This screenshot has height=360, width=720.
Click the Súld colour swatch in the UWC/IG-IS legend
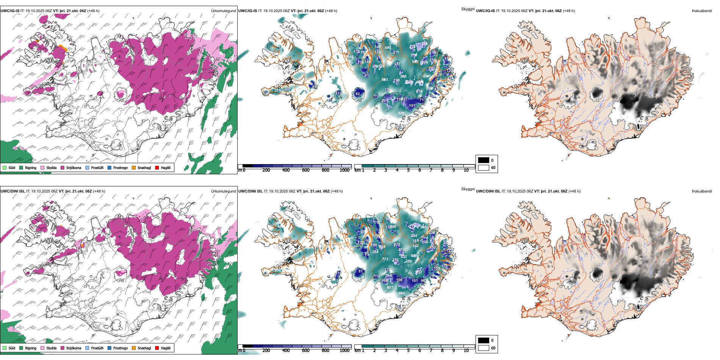click(5, 167)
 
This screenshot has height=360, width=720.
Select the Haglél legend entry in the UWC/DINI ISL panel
click(166, 348)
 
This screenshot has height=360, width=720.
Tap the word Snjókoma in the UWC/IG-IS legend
click(74, 167)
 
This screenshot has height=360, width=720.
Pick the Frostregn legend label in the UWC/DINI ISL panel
click(121, 348)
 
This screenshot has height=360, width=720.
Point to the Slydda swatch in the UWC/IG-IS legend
click(42, 167)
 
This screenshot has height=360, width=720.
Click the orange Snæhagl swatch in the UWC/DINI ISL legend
click(134, 348)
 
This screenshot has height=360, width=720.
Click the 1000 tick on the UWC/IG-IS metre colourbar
click(344, 170)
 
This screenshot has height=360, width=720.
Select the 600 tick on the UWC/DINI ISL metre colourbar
click(305, 351)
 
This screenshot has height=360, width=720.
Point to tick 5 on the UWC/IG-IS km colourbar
click(408, 170)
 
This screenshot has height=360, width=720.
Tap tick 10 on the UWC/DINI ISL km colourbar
click(466, 351)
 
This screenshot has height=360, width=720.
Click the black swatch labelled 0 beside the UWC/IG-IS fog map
click(484, 160)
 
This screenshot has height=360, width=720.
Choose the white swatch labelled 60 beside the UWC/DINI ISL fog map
click(484, 348)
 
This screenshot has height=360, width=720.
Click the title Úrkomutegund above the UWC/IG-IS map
click(223, 11)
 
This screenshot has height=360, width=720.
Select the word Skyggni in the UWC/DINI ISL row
click(468, 189)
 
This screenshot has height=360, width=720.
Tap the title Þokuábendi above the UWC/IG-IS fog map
click(702, 11)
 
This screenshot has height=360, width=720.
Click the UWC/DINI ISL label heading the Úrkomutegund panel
click(13, 191)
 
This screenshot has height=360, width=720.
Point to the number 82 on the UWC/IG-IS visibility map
click(357, 94)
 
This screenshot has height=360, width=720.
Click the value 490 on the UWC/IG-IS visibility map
click(388, 48)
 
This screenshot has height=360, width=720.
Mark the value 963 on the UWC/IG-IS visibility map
click(385, 80)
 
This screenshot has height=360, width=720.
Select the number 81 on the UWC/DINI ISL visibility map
click(360, 271)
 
